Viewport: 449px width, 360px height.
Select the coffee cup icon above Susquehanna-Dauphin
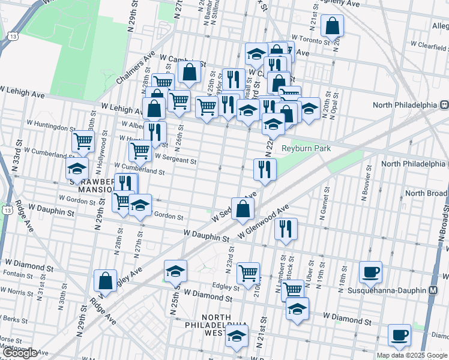pos(370,271)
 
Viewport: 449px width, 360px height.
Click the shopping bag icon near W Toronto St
pos(332,25)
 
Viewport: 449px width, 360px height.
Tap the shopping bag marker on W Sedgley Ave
pos(243,209)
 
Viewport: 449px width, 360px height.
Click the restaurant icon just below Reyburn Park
pos(264,169)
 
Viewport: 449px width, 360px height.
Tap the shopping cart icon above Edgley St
pos(248,273)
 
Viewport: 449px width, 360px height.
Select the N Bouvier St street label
pos(366,181)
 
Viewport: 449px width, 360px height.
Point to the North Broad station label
pos(426,193)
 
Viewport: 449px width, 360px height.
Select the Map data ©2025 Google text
pos(412,355)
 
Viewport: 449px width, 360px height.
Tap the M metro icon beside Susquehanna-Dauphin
pos(433,290)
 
